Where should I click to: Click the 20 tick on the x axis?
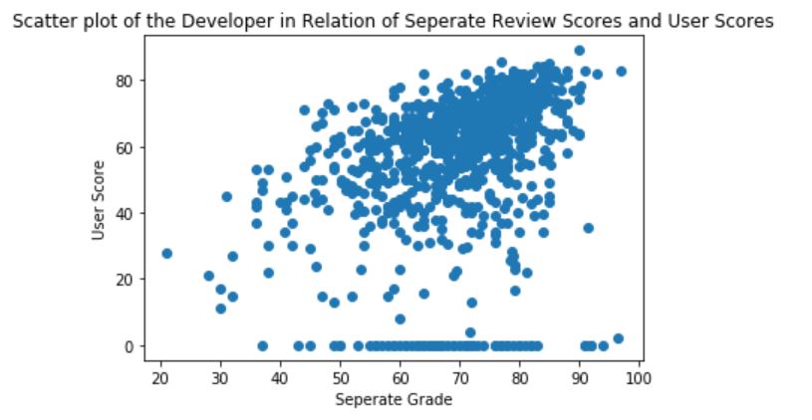coord(160,378)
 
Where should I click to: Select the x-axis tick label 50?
coord(340,378)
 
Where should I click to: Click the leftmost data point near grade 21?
coord(166,254)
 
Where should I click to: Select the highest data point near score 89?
coord(579,51)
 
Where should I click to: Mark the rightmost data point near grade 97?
coord(621,72)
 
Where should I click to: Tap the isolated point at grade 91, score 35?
coord(588,228)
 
